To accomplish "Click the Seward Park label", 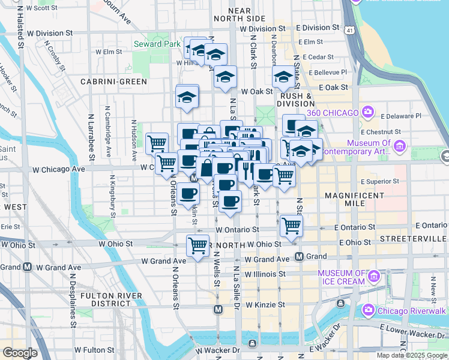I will click(x=156, y=44).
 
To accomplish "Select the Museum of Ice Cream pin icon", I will click(x=374, y=276).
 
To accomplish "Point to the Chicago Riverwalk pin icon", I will click(x=368, y=310).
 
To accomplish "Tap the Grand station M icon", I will click(x=299, y=257).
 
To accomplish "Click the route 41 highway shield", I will click(x=348, y=29).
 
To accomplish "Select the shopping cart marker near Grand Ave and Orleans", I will click(x=197, y=245).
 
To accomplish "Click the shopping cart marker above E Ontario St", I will click(x=291, y=226).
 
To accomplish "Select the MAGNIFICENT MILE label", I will click(x=354, y=200).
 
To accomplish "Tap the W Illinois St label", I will click(x=264, y=274).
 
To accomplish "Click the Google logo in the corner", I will click(x=20, y=353).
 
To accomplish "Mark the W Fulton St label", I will click(x=94, y=350).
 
